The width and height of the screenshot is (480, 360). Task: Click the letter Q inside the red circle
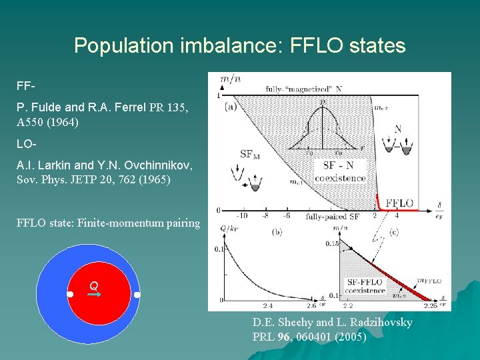click(x=94, y=286)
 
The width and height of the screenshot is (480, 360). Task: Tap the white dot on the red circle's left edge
click(x=70, y=295)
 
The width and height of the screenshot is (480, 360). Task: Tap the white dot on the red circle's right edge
click(x=137, y=295)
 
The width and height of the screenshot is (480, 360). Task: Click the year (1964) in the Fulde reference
click(x=58, y=123)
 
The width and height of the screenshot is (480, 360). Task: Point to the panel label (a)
click(x=231, y=105)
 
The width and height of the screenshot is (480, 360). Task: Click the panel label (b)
click(x=277, y=233)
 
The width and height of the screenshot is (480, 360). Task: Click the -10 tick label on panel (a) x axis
click(x=241, y=215)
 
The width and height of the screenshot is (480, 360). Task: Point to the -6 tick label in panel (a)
click(x=286, y=215)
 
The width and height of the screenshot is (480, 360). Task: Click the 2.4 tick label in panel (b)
click(x=268, y=306)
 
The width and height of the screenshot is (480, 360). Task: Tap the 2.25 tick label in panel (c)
click(x=430, y=306)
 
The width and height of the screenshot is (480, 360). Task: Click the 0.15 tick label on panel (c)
click(x=333, y=245)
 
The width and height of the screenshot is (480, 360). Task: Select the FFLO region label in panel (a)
click(x=399, y=203)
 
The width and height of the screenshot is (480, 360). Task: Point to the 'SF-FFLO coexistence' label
click(x=365, y=286)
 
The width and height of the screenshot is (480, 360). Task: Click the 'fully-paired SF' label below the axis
click(x=332, y=217)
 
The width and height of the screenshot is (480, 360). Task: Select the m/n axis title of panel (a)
click(x=231, y=79)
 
